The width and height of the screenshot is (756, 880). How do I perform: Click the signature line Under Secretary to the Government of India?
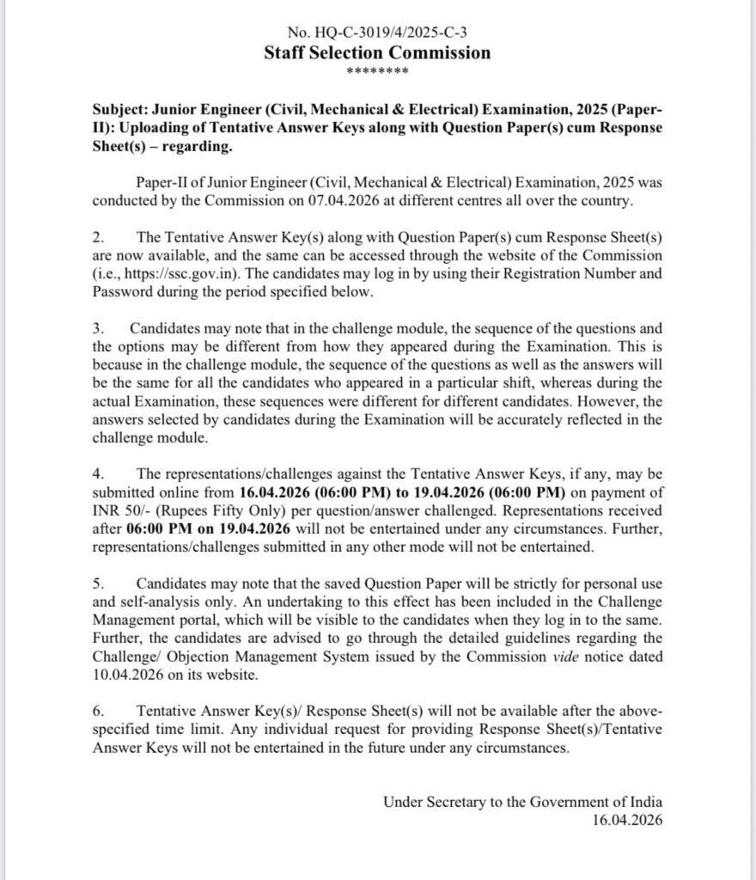522,803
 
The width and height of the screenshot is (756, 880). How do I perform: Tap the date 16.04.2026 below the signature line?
627,820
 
